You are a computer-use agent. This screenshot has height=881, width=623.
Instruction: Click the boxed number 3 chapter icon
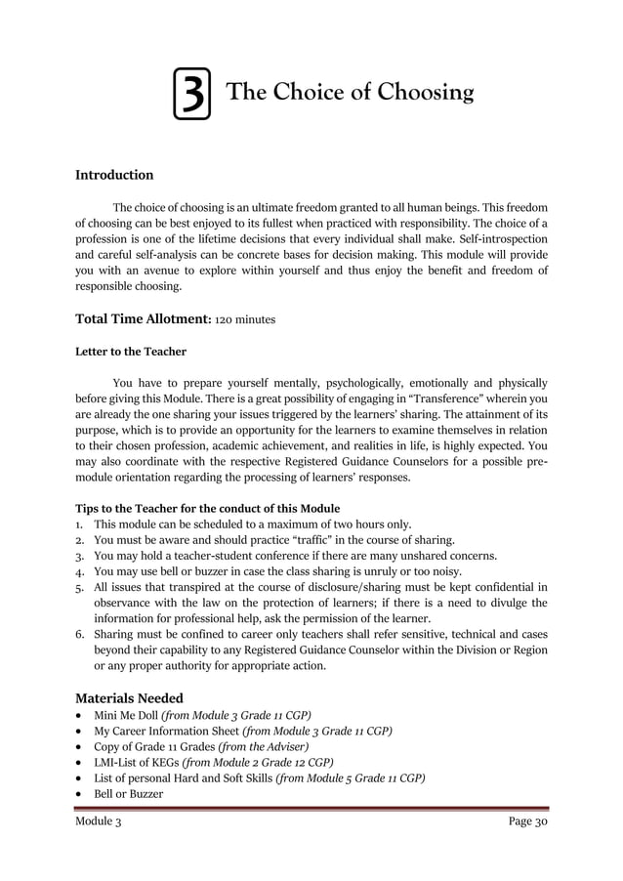(x=192, y=95)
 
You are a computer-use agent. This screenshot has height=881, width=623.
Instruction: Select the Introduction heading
(x=114, y=176)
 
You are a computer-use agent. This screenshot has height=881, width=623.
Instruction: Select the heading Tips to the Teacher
(x=208, y=509)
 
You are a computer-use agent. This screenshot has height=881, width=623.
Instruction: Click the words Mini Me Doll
(x=126, y=715)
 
